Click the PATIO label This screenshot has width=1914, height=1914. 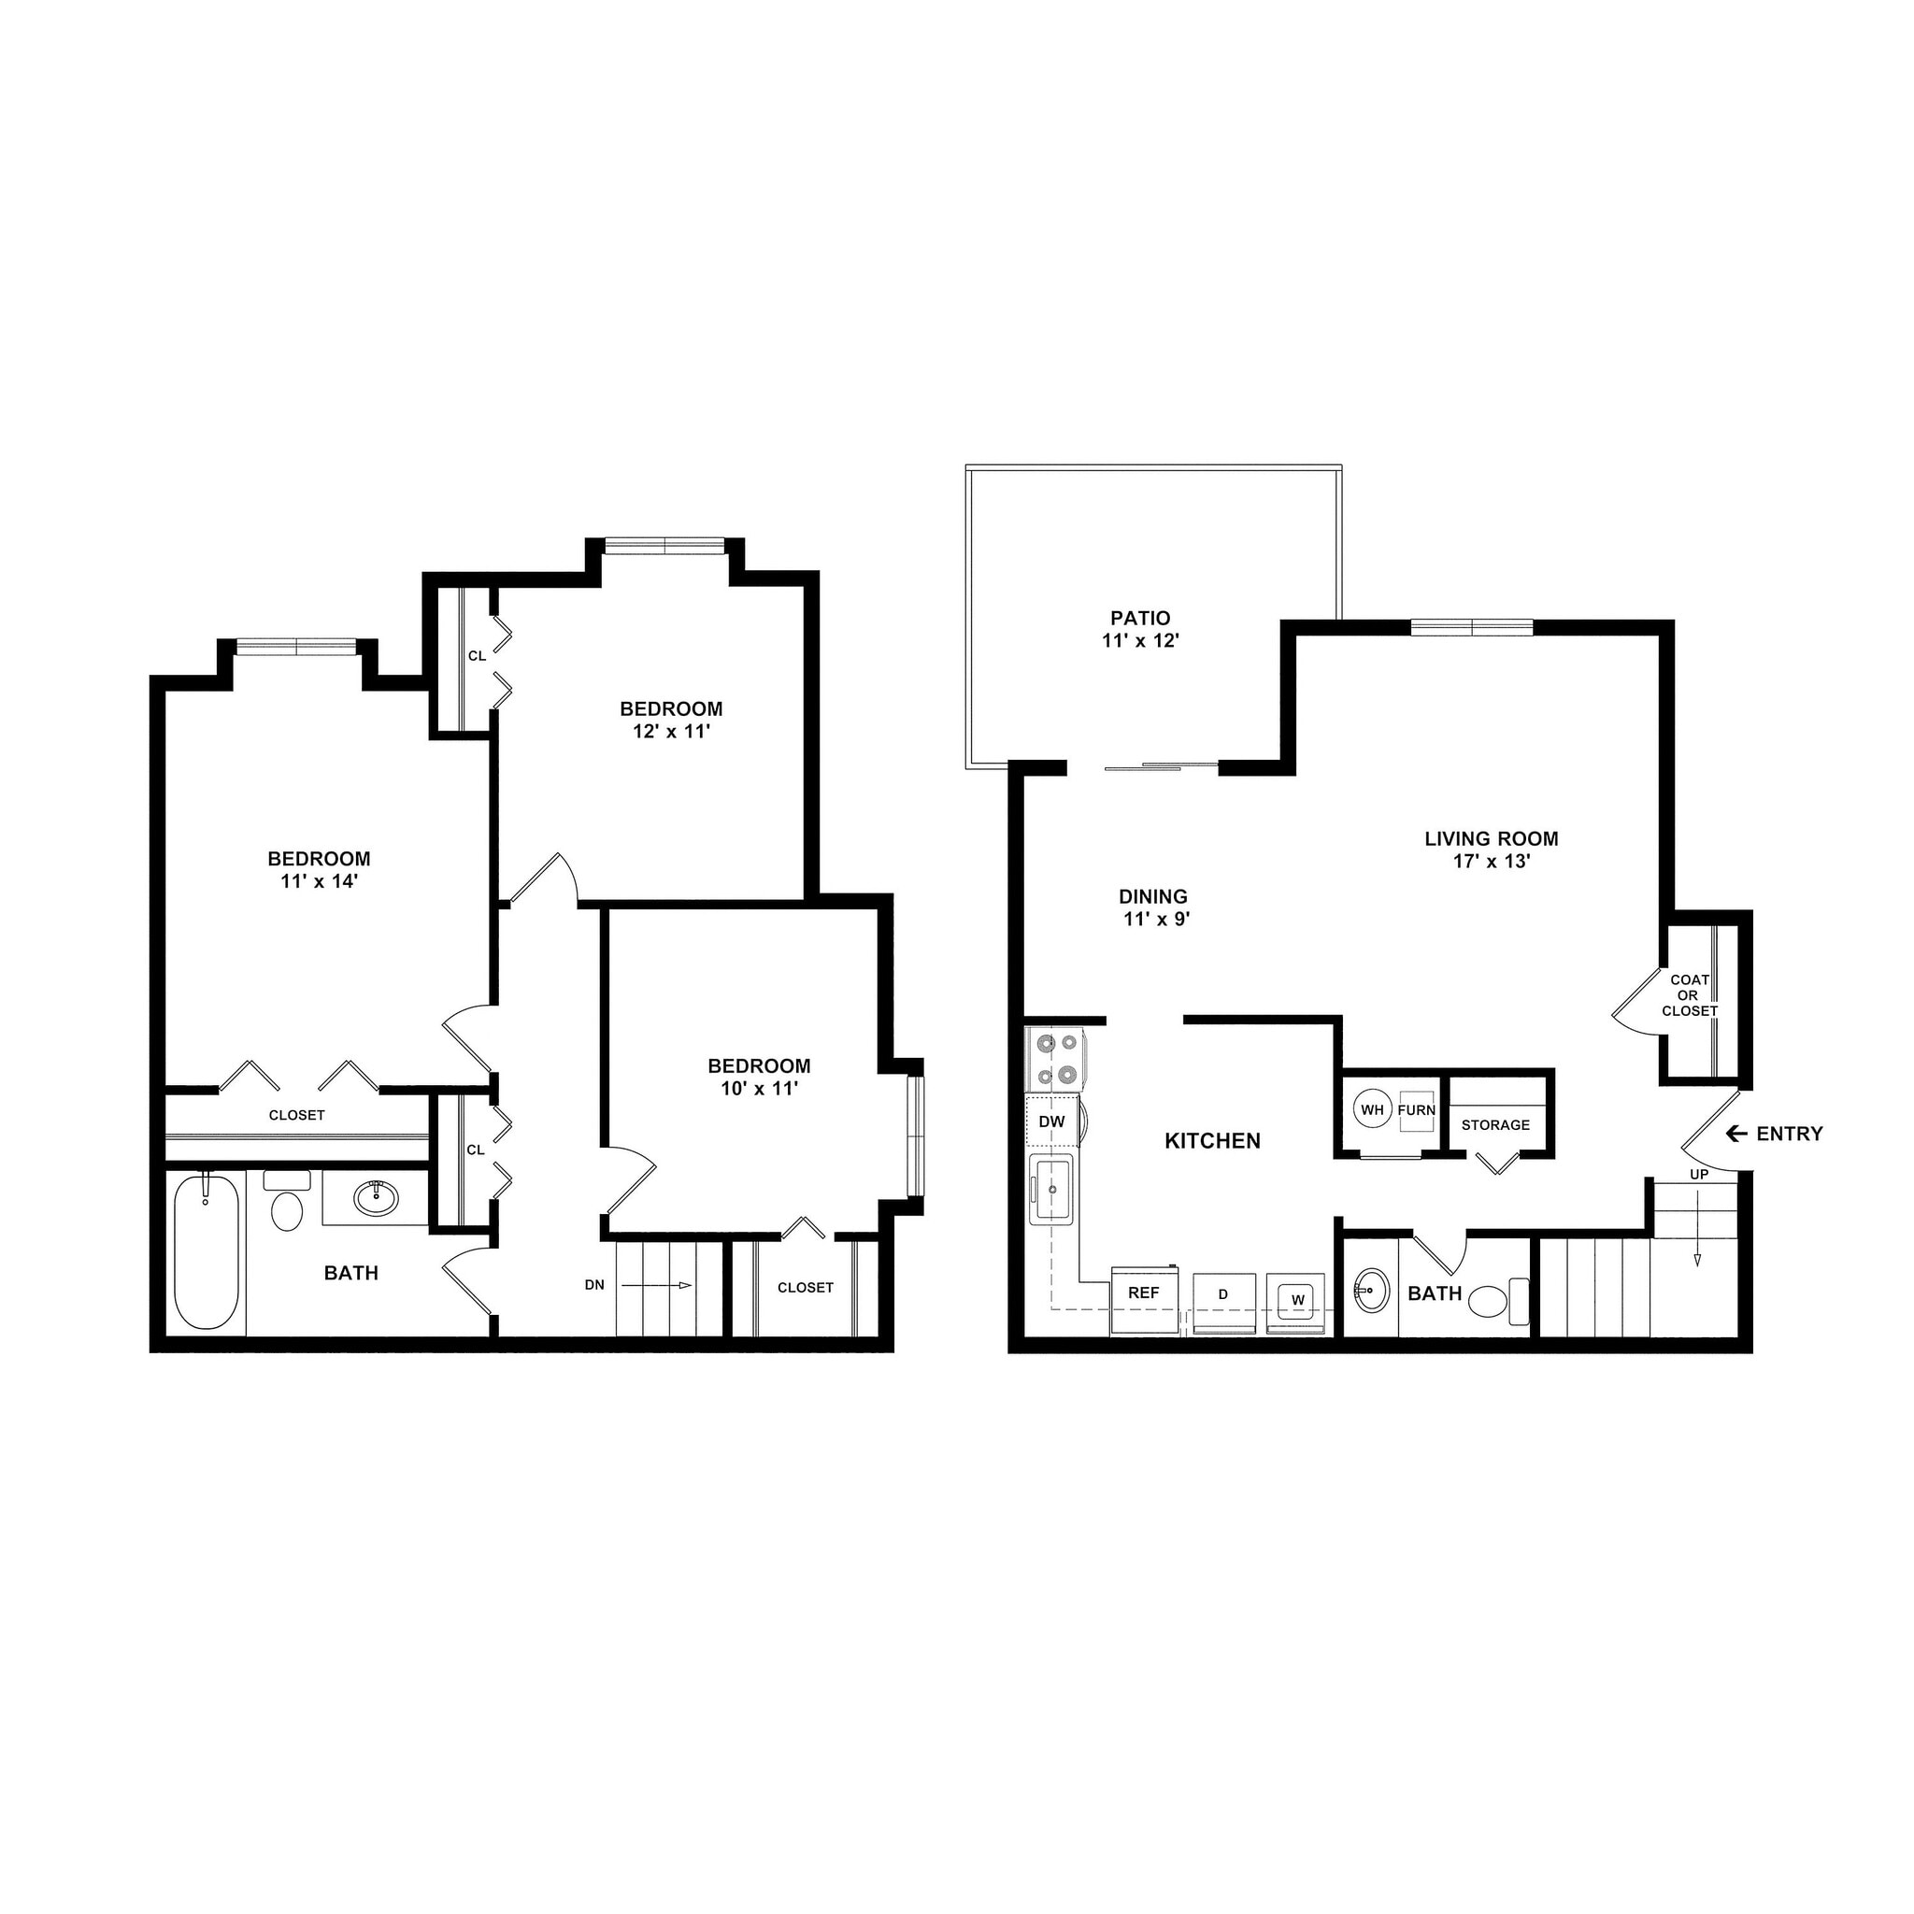click(1140, 618)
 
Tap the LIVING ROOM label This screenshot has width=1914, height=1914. click(1491, 839)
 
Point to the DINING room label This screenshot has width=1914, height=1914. click(1153, 896)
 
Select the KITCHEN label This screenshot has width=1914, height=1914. click(1212, 1141)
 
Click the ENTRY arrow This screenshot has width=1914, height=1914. click(1735, 1134)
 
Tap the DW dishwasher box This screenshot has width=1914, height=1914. click(1052, 1121)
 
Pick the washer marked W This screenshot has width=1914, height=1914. click(1297, 1301)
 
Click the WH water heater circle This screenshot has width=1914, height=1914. click(1372, 1109)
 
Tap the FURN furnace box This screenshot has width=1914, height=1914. click(1417, 1109)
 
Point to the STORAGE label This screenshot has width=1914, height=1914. click(1496, 1124)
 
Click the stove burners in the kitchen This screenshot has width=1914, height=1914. click(1054, 1057)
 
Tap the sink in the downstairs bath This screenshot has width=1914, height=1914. click(1372, 1291)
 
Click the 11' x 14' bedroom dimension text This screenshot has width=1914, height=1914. click(319, 879)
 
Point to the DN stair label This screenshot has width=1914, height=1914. click(594, 1285)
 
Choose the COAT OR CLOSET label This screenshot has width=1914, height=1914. click(1689, 995)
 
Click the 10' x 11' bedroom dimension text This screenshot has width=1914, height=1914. click(760, 1089)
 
